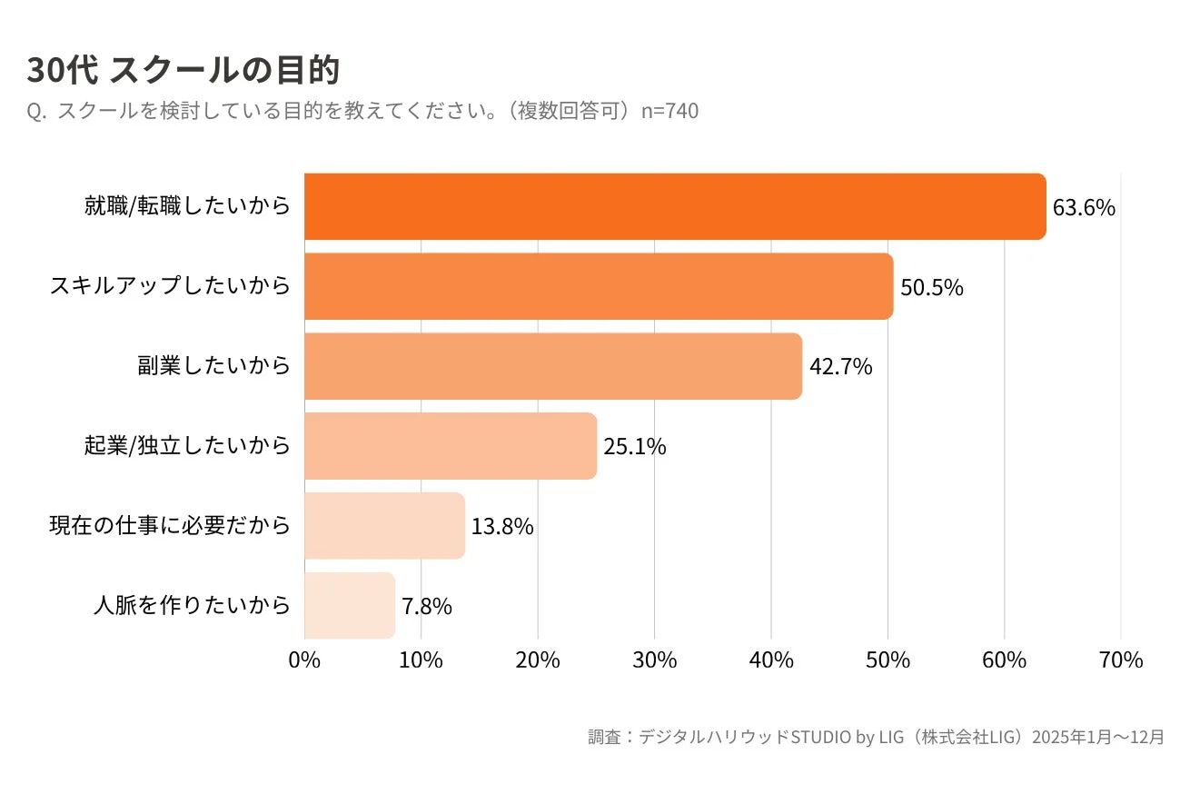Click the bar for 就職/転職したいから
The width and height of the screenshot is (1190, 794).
click(675, 207)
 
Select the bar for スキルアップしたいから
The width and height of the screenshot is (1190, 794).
click(599, 287)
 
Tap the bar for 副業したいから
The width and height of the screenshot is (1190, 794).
click(553, 366)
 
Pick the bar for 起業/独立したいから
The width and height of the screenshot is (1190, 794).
click(451, 446)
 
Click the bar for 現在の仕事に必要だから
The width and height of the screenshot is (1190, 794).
click(384, 526)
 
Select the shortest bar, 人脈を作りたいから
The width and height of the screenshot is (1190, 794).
click(350, 605)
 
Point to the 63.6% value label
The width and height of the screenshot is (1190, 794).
click(1084, 208)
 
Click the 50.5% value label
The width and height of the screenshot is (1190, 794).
click(931, 288)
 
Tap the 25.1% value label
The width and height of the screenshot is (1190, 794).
click(635, 447)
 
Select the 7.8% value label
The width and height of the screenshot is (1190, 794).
click(427, 606)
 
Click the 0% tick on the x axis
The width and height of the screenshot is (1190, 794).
click(304, 660)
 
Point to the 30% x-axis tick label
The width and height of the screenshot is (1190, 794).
click(654, 660)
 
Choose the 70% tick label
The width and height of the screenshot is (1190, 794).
click(1120, 660)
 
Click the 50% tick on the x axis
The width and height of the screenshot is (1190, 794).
click(888, 660)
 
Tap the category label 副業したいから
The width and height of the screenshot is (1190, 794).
click(214, 366)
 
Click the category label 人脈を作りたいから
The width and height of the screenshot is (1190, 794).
click(193, 605)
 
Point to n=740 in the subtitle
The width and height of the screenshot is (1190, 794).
click(670, 111)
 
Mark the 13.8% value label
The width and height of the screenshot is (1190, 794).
click(502, 527)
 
